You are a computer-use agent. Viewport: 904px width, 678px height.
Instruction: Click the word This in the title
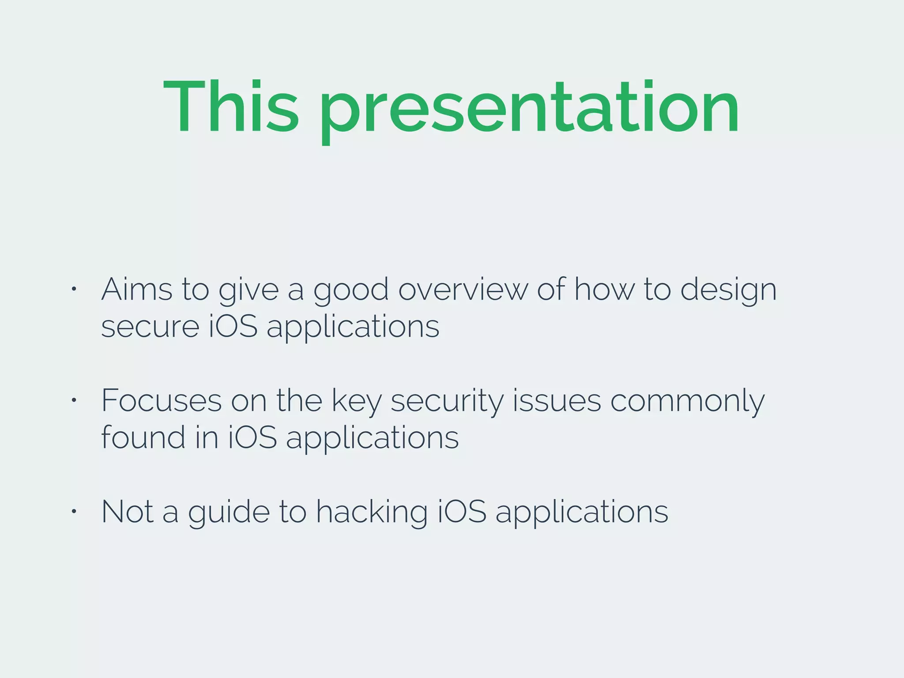coord(231,107)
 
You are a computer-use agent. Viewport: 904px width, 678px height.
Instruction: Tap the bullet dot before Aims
coord(74,289)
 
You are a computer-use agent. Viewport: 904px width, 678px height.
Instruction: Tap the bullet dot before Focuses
coord(74,400)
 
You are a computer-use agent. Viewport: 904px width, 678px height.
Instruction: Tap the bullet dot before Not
coord(74,512)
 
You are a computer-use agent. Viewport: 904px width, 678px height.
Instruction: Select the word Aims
coord(137,290)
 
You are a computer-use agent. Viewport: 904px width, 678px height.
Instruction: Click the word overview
coord(463,290)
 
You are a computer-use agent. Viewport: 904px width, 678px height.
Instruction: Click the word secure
coord(151,328)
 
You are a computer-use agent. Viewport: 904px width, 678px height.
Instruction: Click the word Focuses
coord(162,401)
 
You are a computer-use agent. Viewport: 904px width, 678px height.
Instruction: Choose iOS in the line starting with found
coord(252,438)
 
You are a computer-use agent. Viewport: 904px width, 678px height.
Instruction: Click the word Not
coord(128,512)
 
